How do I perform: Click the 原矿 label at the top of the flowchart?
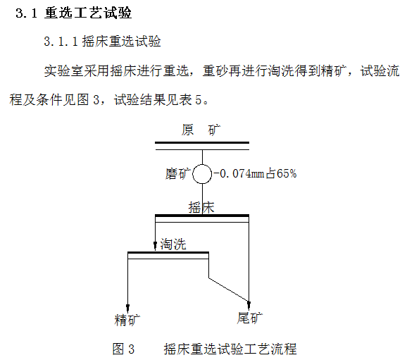201,130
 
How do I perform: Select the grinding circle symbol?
202,165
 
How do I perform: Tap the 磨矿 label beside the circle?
178,174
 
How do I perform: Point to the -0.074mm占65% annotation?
255,174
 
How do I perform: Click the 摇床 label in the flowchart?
201,207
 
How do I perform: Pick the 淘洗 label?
173,244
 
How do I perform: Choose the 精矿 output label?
127,320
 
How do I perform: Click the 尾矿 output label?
250,318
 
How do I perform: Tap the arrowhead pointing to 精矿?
128,308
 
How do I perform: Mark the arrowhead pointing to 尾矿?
249,305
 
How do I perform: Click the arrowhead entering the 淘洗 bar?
155,245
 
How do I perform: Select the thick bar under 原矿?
202,142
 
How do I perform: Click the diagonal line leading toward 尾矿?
229,290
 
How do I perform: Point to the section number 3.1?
26,13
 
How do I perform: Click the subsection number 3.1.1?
61,42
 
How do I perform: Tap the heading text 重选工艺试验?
88,13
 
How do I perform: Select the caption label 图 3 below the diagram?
123,349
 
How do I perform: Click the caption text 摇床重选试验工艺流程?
230,349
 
